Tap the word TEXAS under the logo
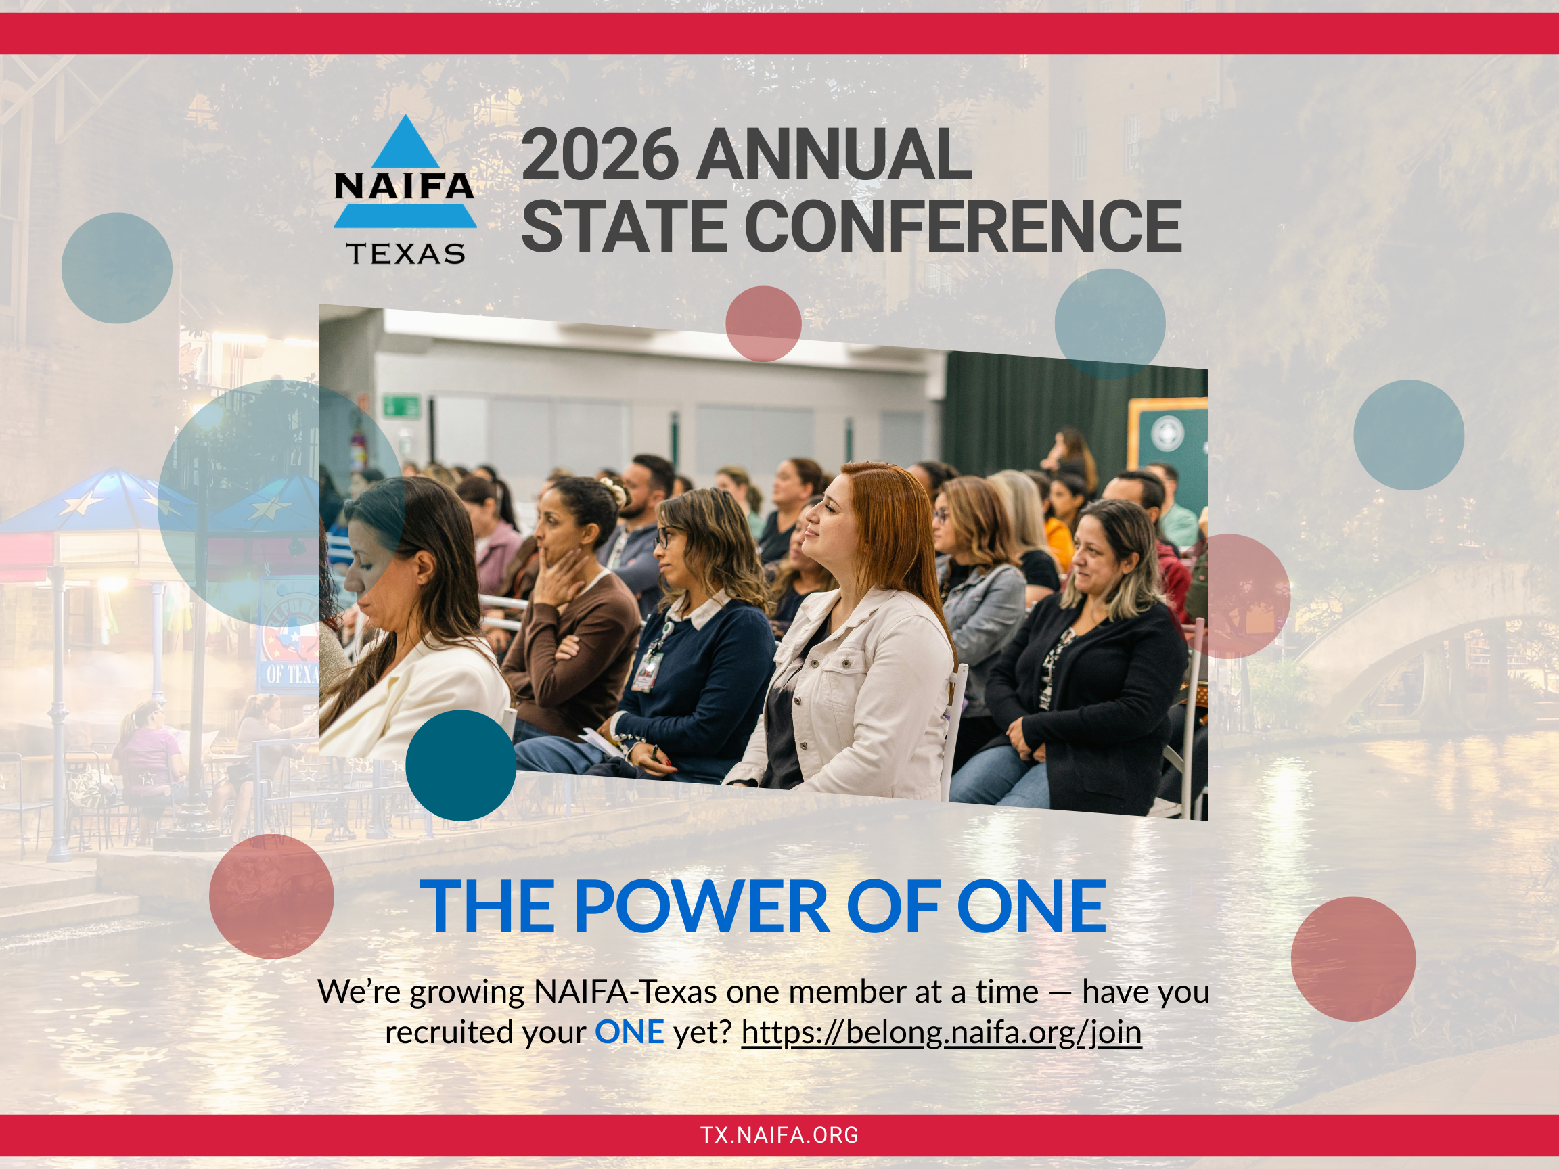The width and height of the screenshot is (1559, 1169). [405, 254]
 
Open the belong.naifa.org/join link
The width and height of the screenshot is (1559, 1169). [941, 1032]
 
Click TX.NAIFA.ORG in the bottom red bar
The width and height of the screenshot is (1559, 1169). [779, 1135]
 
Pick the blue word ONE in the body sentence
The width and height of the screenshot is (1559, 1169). [629, 1032]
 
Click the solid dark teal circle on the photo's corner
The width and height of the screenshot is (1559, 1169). [461, 765]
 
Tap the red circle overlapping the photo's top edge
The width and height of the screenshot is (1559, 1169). [763, 323]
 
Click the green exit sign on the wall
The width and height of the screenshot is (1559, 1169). [401, 407]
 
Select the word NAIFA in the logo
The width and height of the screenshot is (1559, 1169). [405, 186]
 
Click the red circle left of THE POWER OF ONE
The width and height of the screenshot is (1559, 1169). [271, 896]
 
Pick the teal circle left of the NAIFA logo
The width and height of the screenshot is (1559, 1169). [117, 269]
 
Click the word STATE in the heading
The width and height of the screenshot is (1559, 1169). [624, 226]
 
